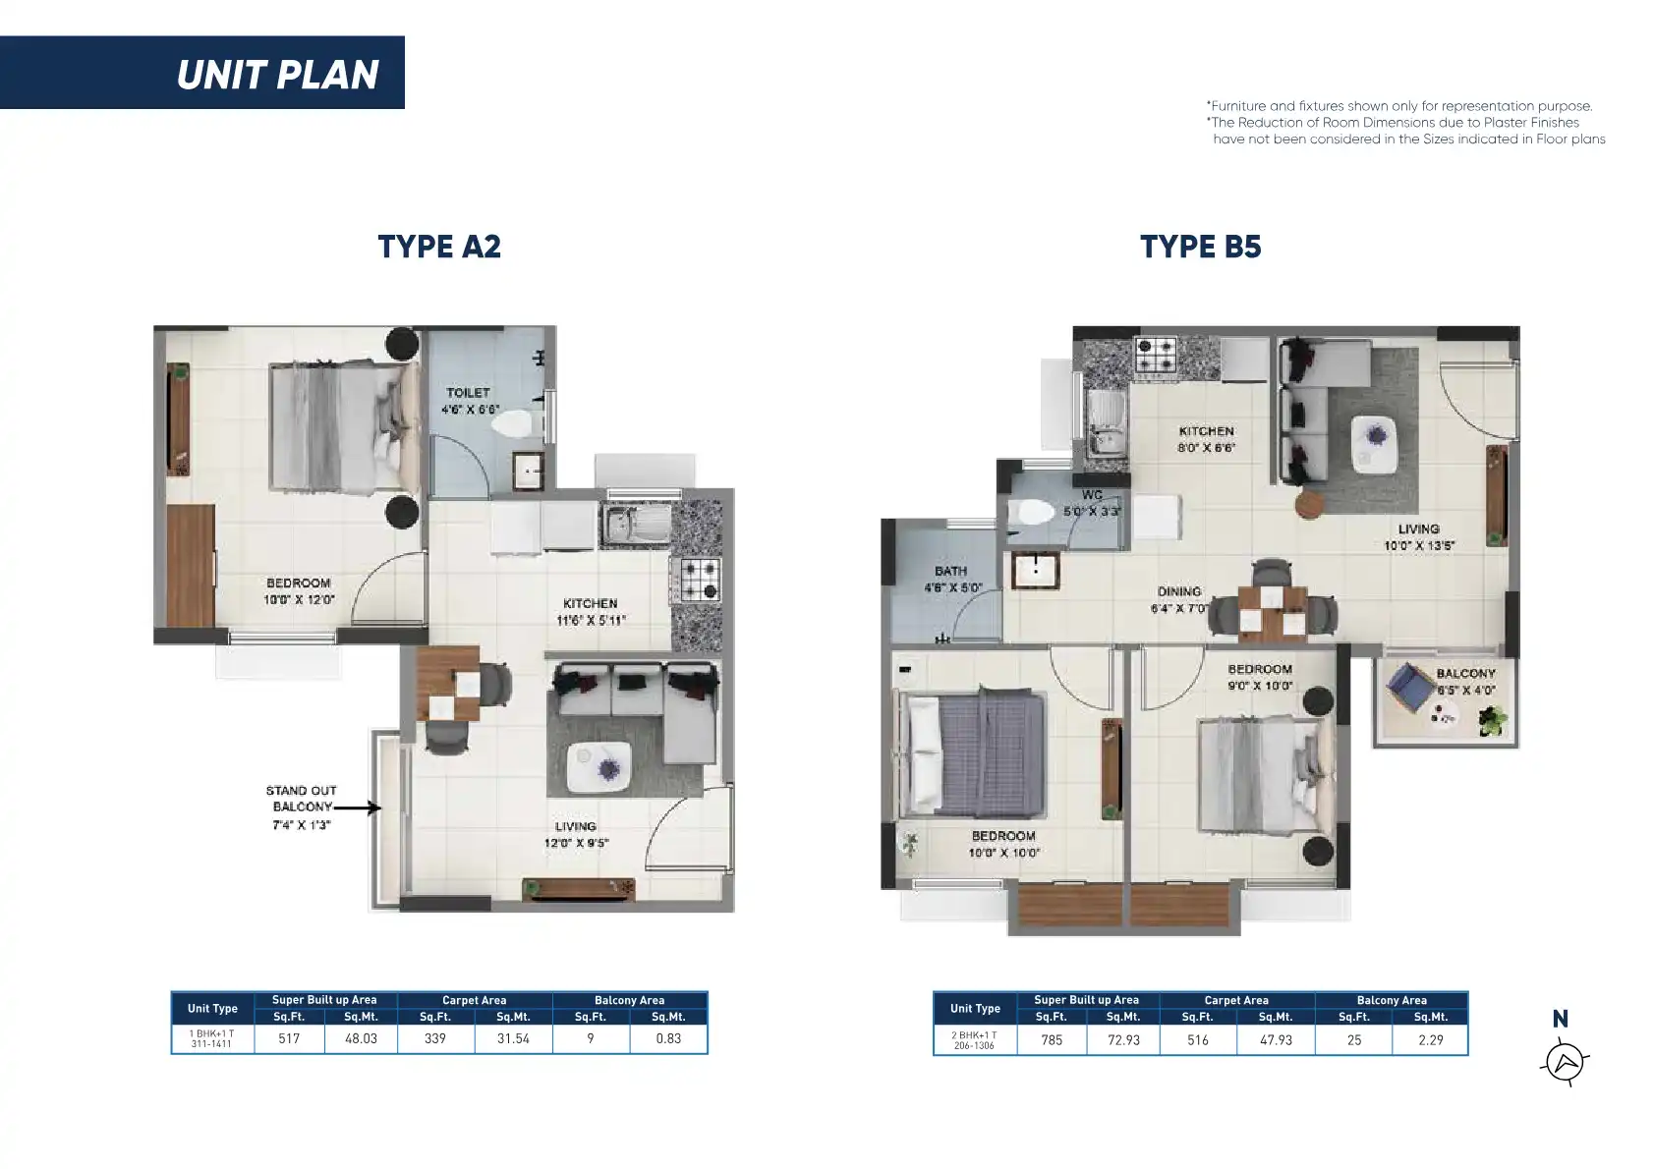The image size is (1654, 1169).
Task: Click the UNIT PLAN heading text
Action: point(277,75)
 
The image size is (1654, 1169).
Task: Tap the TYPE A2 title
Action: point(439,247)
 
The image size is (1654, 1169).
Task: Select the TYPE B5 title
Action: point(1201,247)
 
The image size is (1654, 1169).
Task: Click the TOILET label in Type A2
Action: point(468,393)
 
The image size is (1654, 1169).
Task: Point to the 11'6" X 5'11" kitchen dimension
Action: point(591,621)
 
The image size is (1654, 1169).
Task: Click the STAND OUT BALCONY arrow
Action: point(358,808)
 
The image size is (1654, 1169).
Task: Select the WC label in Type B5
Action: point(1092,495)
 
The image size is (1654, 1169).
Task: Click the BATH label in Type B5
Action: point(950,571)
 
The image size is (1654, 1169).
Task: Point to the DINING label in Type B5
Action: point(1179,592)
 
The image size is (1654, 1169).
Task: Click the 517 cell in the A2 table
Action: point(289,1038)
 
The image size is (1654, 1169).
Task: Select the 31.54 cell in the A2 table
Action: point(513,1038)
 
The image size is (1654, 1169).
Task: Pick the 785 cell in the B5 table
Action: point(1052,1040)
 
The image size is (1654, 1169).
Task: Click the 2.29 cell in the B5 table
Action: point(1430,1040)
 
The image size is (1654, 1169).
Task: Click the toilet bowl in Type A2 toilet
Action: point(512,424)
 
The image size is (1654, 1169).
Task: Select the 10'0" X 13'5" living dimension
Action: point(1418,546)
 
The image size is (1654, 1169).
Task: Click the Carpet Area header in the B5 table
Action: point(1236,1001)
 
